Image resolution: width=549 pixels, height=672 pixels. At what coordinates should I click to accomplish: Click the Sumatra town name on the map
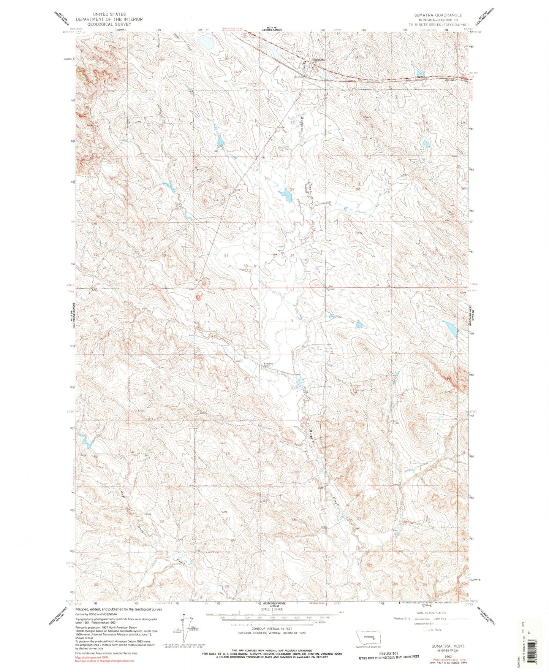pyautogui.click(x=319, y=59)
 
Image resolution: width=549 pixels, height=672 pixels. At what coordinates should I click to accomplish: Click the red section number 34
pyautogui.click(x=292, y=255)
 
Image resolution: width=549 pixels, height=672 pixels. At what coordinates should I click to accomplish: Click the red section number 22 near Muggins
pyautogui.click(x=292, y=123)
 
